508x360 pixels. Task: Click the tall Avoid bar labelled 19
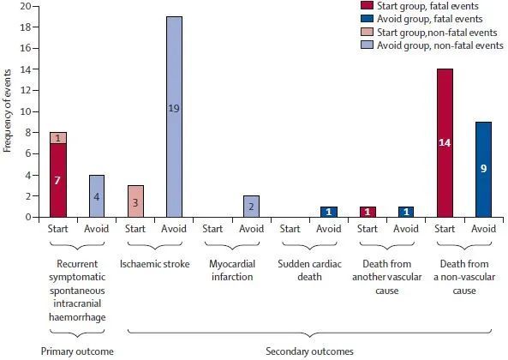click(174, 117)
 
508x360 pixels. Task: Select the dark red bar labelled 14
click(445, 143)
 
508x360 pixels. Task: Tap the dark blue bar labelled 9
click(483, 170)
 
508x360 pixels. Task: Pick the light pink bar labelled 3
click(135, 201)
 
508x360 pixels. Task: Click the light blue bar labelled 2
click(251, 207)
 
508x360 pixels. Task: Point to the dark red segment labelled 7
click(58, 180)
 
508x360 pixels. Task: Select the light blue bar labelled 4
click(97, 196)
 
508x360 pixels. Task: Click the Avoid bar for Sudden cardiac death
click(329, 212)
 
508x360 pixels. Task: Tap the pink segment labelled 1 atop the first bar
click(58, 138)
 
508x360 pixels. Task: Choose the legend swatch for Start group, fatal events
click(367, 5)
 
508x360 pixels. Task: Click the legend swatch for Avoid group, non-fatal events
click(367, 45)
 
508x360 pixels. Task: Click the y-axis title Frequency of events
click(8, 111)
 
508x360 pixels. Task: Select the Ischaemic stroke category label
click(155, 264)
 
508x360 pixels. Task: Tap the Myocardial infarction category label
click(232, 270)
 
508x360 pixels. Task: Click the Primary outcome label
click(77, 351)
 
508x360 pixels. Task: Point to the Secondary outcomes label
click(309, 351)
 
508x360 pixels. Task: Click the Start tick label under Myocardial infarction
click(212, 229)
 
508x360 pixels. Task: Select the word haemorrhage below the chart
click(77, 317)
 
